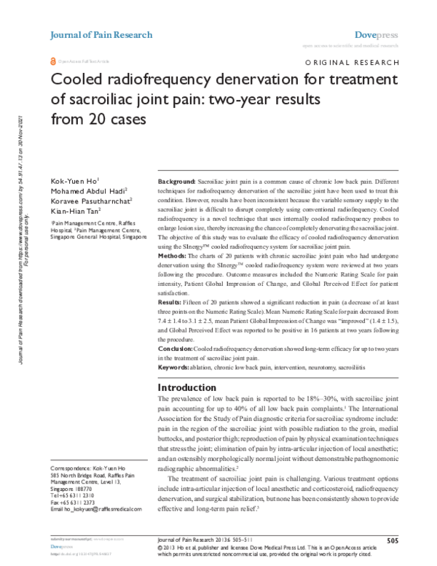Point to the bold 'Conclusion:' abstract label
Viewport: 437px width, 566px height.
tap(176, 350)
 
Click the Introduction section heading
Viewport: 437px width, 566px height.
tap(189, 387)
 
